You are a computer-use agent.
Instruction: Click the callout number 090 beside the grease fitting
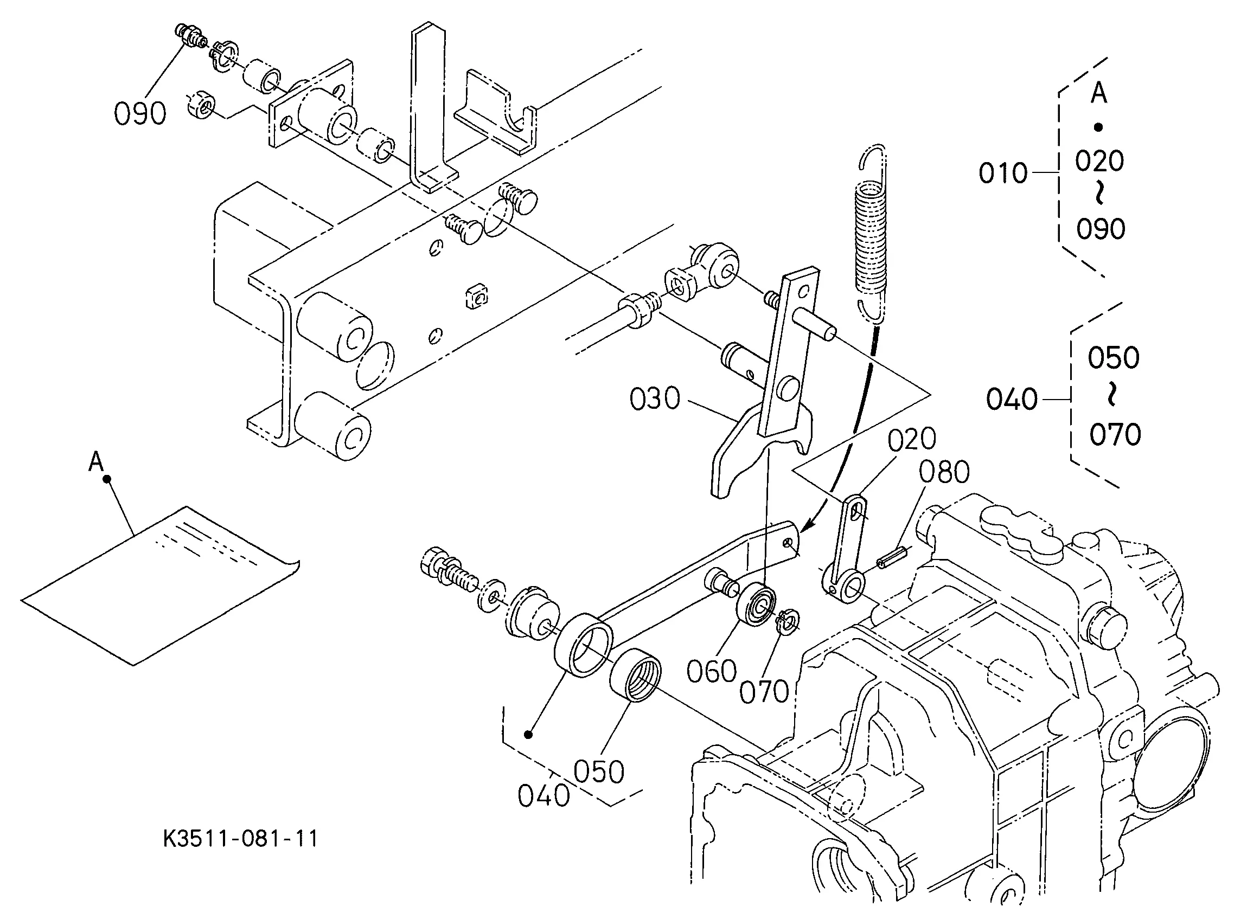coord(139,114)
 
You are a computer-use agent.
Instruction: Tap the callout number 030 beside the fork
coord(655,398)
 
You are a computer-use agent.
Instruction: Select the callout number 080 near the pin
coord(944,472)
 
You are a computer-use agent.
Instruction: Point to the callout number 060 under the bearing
coord(712,671)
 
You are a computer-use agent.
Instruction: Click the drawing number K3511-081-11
coord(241,839)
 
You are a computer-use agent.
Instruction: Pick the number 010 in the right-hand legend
coord(1003,172)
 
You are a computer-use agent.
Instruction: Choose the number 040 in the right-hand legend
coord(1012,398)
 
